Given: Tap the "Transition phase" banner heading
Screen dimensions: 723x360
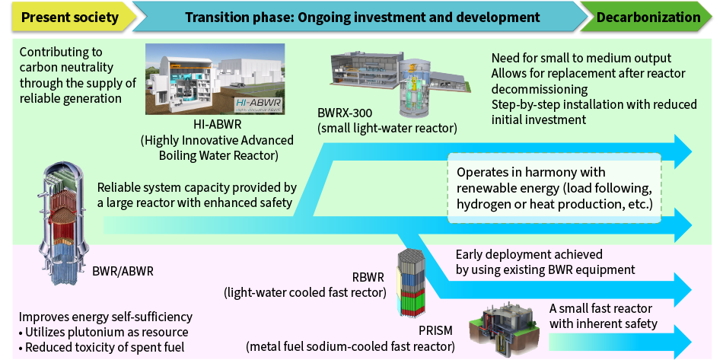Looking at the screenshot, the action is point(362,18).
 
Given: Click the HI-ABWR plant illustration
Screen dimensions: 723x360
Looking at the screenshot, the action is point(215,79).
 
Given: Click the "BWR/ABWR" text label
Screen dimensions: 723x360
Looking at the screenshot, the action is point(123,271).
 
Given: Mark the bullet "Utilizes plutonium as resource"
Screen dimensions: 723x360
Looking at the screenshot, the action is point(104,332).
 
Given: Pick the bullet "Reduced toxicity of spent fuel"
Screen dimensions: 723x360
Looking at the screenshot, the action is point(101,347).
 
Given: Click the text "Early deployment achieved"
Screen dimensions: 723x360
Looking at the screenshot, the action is point(529,254).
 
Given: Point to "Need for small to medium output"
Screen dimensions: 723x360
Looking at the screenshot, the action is point(581,59).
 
